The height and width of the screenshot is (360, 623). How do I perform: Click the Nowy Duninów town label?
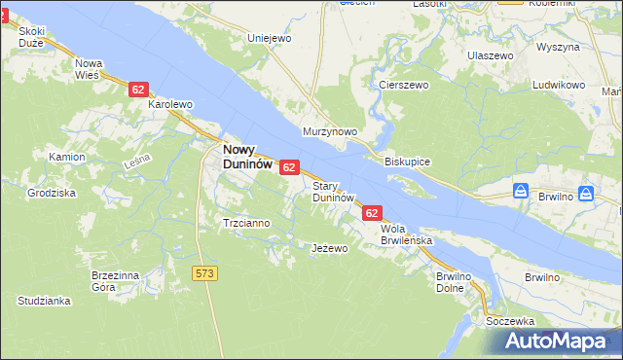tap(248, 157)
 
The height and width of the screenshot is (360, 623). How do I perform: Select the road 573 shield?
tap(204, 273)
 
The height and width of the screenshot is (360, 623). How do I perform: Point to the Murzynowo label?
tap(331, 131)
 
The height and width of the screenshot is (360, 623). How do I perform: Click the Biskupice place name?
tap(408, 161)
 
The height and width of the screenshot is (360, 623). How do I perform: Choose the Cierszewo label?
tap(404, 85)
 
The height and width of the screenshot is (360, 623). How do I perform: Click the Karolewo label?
tap(170, 103)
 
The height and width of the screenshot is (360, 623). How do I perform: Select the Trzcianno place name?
tap(246, 223)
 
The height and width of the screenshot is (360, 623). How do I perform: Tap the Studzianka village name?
tap(44, 301)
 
